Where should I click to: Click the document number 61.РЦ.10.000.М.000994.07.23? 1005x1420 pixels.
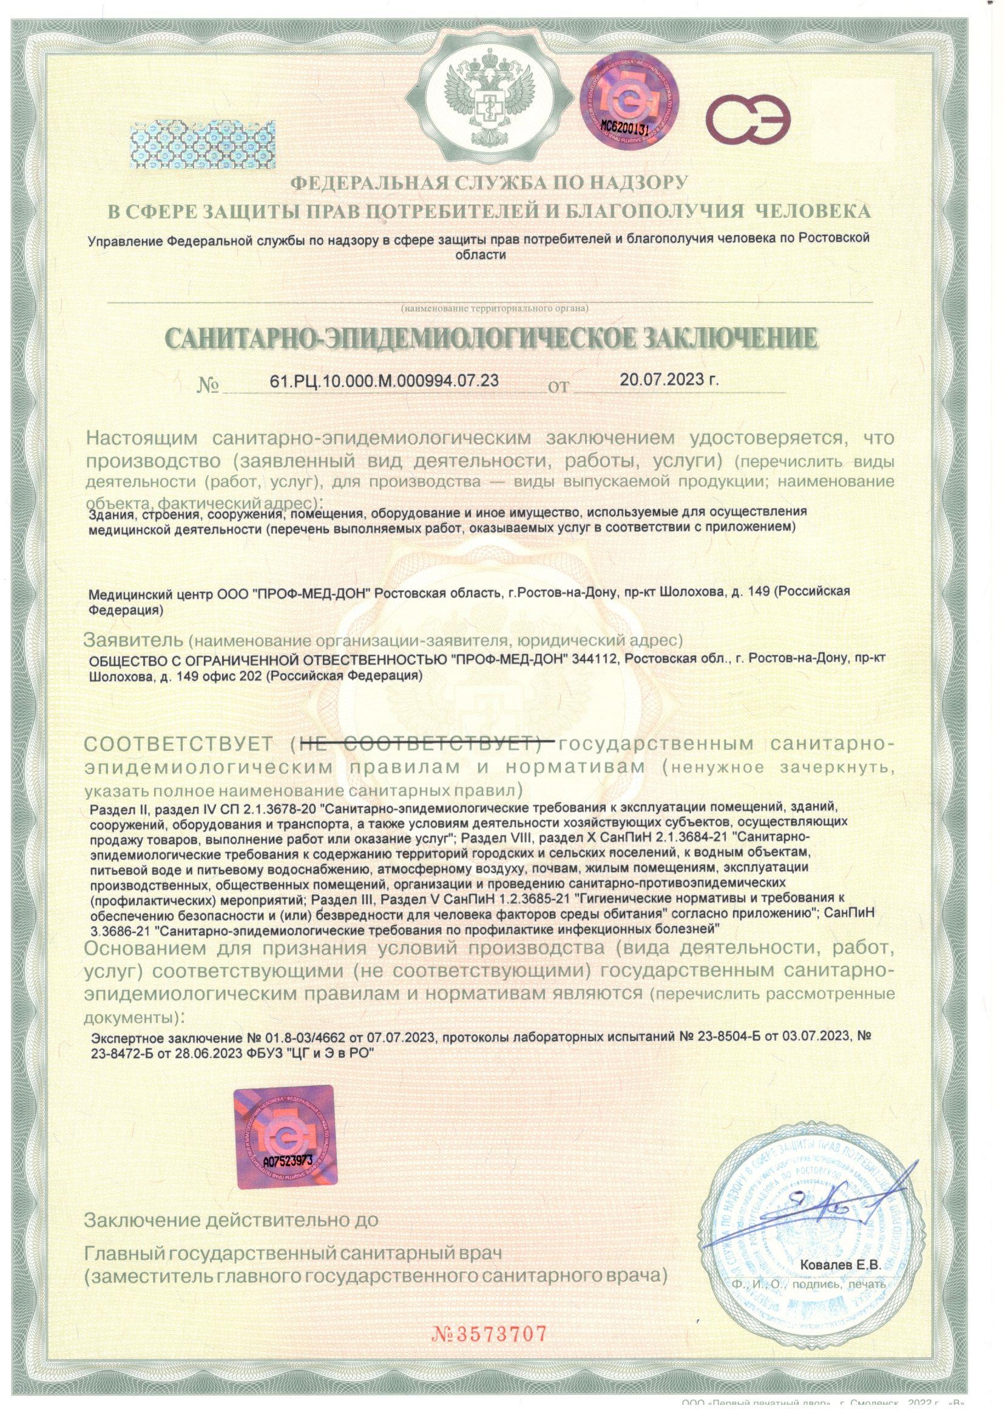[384, 380]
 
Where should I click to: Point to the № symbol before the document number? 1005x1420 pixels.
[209, 384]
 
